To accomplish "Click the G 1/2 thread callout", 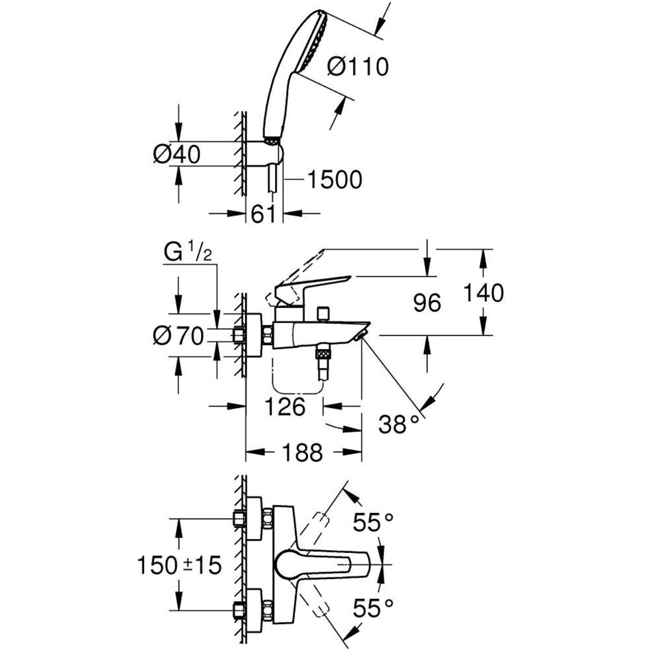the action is click(x=188, y=253).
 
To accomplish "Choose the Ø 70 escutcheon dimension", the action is click(x=178, y=337).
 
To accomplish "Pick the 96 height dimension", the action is click(x=427, y=302).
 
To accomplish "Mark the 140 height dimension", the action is click(x=484, y=293).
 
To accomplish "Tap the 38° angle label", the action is click(x=398, y=424).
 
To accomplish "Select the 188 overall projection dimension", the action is click(x=302, y=452).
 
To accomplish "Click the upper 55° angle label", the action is click(x=373, y=522).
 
